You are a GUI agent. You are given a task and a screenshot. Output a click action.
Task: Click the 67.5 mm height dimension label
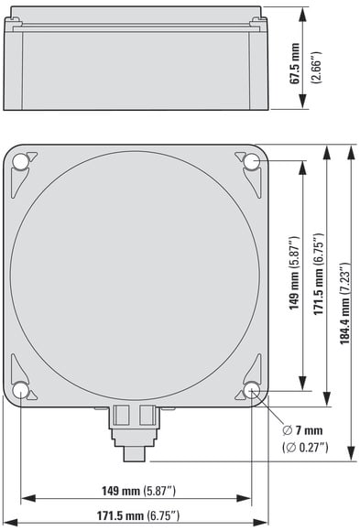pyautogui.click(x=295, y=63)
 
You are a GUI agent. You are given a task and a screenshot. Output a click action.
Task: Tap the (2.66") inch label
pyautogui.click(x=317, y=68)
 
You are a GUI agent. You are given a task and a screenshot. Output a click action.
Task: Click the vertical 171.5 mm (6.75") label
pyautogui.click(x=318, y=274)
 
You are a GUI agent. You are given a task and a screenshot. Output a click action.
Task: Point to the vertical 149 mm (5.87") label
pyautogui.click(x=294, y=273)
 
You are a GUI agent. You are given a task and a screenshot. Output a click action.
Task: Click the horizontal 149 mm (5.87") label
pyautogui.click(x=139, y=491)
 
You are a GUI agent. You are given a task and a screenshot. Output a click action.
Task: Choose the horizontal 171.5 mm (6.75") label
pyautogui.click(x=138, y=515)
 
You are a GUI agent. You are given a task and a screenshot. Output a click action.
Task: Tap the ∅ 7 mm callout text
pyautogui.click(x=302, y=431)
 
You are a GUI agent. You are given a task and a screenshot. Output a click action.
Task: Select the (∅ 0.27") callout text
pyautogui.click(x=305, y=448)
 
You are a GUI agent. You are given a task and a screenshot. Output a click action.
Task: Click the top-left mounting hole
pyautogui.click(x=20, y=161)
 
